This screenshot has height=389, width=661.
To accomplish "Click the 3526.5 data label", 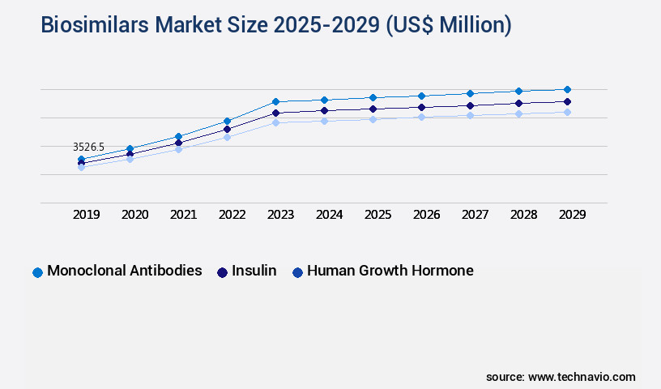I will click(x=88, y=147).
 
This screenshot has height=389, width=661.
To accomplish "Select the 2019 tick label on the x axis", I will click(x=87, y=215).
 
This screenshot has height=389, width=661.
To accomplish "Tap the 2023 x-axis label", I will click(x=280, y=215).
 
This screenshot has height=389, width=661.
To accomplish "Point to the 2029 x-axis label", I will click(x=572, y=215).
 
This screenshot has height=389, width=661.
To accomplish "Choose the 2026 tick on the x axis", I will click(x=426, y=215).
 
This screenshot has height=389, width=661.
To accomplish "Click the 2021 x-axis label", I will click(x=183, y=215).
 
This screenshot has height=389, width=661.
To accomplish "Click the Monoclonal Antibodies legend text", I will click(x=125, y=271).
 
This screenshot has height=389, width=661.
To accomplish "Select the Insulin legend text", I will click(x=254, y=271).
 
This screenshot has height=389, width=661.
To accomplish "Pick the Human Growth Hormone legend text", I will click(x=390, y=271).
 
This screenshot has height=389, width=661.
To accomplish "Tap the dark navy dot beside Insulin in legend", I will click(x=222, y=272).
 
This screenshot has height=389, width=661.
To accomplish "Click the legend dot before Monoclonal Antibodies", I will click(x=37, y=272).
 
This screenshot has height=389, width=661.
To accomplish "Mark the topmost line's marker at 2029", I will click(x=567, y=89).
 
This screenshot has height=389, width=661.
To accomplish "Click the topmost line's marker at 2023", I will click(x=275, y=101).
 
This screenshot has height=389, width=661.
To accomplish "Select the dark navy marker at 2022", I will click(x=227, y=129).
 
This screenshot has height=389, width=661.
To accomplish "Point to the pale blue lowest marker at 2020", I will click(x=130, y=159).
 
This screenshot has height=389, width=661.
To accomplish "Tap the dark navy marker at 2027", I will click(x=470, y=105).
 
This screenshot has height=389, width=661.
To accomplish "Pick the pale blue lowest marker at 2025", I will click(x=373, y=119).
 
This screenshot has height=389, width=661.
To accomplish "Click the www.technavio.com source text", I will click(x=582, y=377).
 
